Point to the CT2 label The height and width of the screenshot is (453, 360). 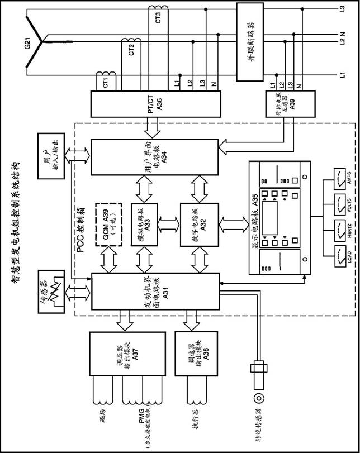pos(131,51)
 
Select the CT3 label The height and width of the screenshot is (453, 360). pos(158,17)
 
